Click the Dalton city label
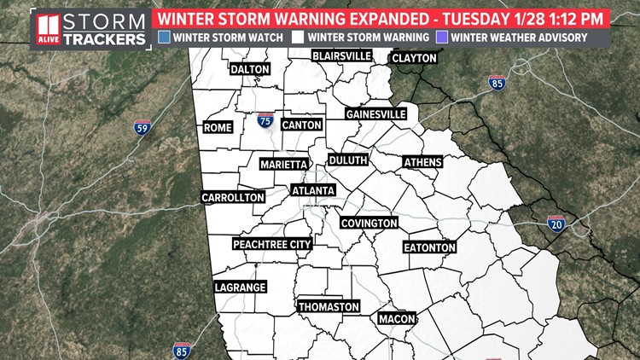pyautogui.click(x=249, y=69)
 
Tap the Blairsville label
pyautogui.click(x=341, y=55)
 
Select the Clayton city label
pyautogui.click(x=414, y=58)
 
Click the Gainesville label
pyautogui.click(x=375, y=114)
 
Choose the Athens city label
pyautogui.click(x=422, y=161)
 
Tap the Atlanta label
pyautogui.click(x=313, y=190)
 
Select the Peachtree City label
pyautogui.click(x=272, y=244)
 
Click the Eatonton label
pyautogui.click(x=430, y=247)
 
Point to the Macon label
pyautogui.click(x=396, y=319)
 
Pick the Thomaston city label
pyautogui.click(x=329, y=306)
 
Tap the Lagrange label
pyautogui.click(x=240, y=287)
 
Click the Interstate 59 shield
pyautogui.click(x=143, y=128)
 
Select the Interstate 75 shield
pyautogui.click(x=265, y=121)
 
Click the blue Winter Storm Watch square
pyautogui.click(x=164, y=37)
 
